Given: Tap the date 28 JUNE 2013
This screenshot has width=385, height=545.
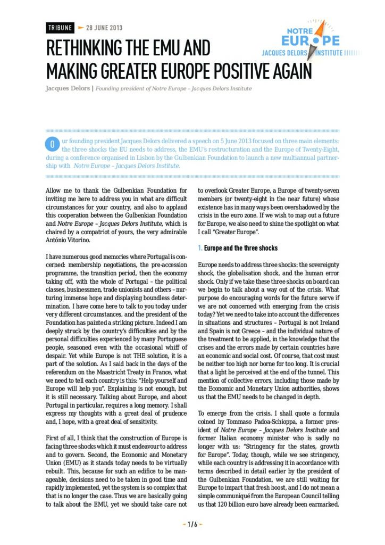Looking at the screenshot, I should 104,28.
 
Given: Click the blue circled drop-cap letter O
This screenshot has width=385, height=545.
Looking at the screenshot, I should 52,144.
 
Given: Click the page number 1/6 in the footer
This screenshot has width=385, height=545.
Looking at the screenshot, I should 192,524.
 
